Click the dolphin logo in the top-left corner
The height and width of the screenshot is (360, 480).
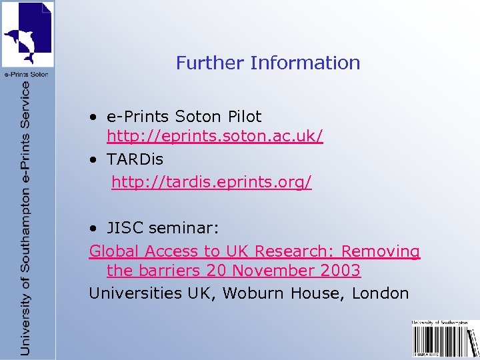point(27,34)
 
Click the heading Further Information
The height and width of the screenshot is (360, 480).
point(268,63)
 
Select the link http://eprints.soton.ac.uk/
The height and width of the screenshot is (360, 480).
point(215,137)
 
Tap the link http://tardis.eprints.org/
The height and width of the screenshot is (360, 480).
point(211,182)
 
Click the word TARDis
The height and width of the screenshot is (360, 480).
point(135,160)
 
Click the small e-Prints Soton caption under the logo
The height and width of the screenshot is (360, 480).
point(27,74)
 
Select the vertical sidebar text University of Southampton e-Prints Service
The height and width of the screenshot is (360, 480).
point(25,217)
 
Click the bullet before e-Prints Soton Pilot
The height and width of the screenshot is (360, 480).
point(95,117)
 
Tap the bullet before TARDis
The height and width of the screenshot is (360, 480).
point(95,160)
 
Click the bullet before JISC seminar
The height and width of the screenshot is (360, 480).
point(95,229)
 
